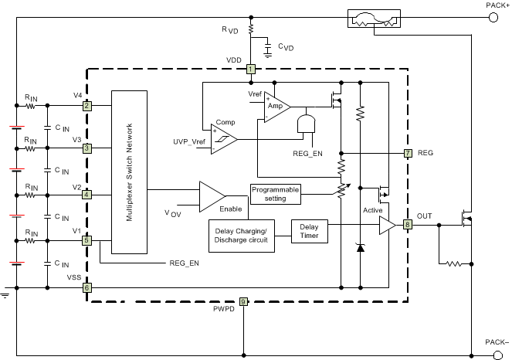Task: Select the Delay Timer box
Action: tap(309, 230)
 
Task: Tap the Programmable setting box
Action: tap(274, 193)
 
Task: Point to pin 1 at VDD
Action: tap(251, 70)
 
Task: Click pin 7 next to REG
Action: tap(408, 153)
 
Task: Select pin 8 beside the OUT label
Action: tap(408, 225)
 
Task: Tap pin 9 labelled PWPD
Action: tap(243, 301)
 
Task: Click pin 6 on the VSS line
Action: tap(86, 287)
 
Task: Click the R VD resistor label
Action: tap(230, 32)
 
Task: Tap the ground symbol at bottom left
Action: tap(5, 294)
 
